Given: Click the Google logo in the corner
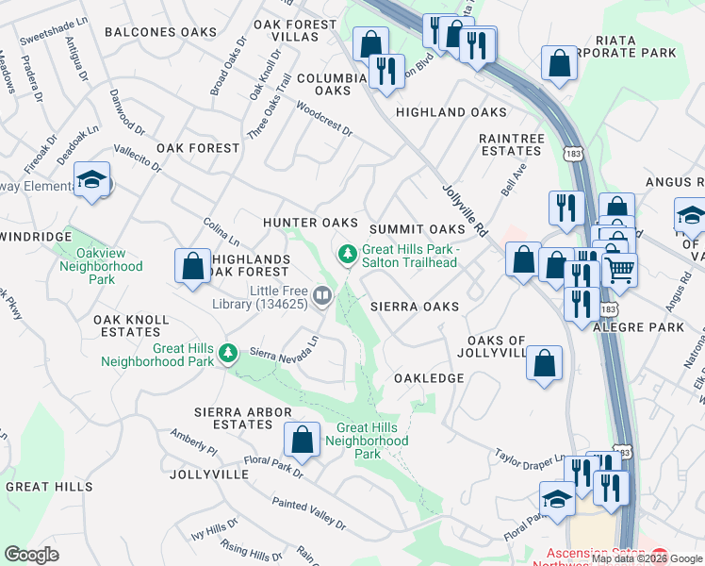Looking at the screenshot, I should (31, 555).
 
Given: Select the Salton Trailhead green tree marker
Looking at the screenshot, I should (348, 253).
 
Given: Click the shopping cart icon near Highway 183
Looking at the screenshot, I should (619, 270).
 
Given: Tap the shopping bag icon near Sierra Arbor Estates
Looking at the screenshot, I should (301, 439).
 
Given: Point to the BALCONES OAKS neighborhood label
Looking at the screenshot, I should (160, 32).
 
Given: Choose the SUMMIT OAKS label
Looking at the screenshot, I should (418, 229).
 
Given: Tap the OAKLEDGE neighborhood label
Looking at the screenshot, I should (429, 378).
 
